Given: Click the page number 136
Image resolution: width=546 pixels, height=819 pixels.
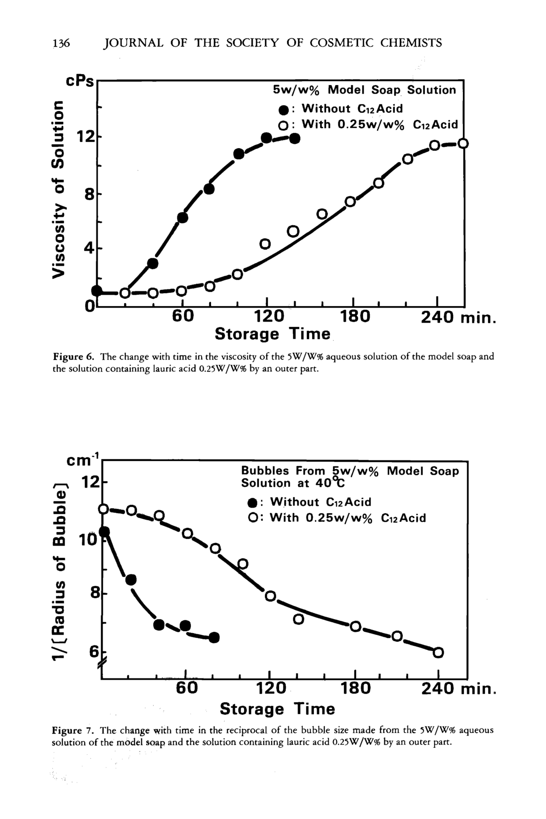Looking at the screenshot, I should [x=61, y=43].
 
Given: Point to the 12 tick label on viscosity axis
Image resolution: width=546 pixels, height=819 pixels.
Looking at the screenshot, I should [x=86, y=137].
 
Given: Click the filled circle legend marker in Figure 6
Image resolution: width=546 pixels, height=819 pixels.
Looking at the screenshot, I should [x=284, y=110].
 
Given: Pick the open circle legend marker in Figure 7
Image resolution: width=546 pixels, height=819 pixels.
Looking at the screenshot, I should [x=253, y=518].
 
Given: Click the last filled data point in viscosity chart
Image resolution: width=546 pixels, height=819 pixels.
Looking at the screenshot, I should [x=294, y=138].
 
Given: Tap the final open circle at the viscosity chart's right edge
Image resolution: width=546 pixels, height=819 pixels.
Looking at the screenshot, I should [x=463, y=143].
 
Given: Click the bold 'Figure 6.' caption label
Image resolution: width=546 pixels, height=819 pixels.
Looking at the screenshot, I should [x=73, y=357].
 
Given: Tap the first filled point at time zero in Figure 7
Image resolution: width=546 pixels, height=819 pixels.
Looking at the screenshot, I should [x=104, y=532].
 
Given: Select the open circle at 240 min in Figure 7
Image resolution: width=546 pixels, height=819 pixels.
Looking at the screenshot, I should [x=438, y=652].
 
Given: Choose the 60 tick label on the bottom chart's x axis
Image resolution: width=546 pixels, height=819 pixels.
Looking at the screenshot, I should [x=187, y=688].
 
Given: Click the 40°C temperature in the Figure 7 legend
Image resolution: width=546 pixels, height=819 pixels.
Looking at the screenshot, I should [x=330, y=483].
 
